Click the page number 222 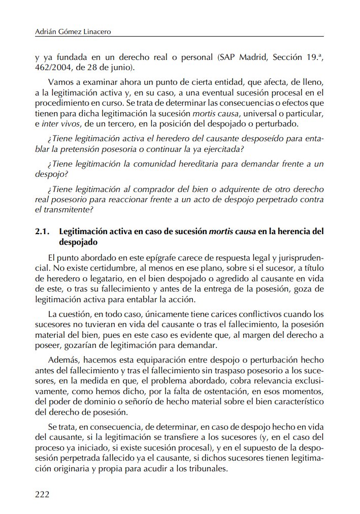[42, 494]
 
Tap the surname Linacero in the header [94, 31]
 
